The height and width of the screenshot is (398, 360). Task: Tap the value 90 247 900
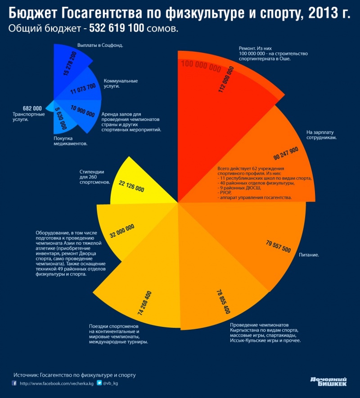click(286, 153)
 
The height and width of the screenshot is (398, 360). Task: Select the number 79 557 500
click(278, 246)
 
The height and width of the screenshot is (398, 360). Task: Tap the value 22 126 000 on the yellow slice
click(132, 187)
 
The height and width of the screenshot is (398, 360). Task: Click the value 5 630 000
click(61, 118)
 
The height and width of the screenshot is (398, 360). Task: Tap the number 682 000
click(32, 108)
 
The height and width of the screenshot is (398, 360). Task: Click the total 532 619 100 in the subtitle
click(117, 29)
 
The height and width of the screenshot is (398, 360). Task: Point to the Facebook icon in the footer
click(14, 383)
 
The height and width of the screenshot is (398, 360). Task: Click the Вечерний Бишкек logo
click(328, 381)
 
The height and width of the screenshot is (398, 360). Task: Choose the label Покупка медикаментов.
click(67, 141)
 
